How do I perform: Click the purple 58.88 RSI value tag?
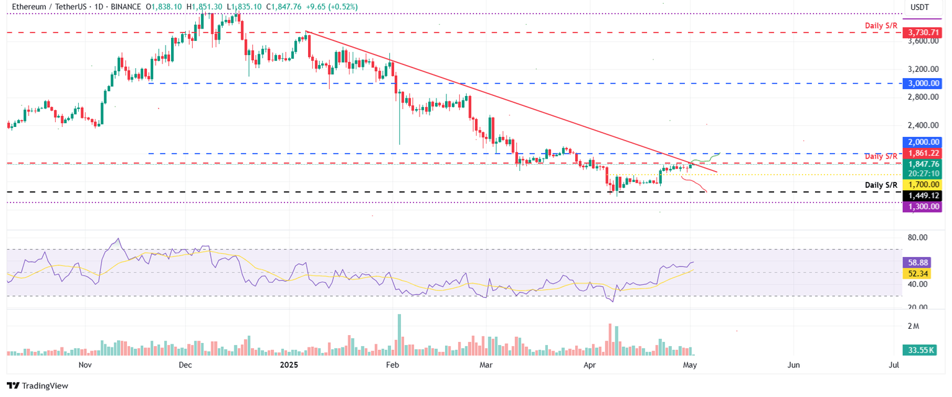click(x=920, y=263)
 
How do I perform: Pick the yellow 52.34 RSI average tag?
click(x=920, y=273)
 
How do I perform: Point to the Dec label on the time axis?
click(x=185, y=365)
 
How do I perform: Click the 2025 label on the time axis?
click(x=289, y=365)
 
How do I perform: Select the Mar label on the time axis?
click(x=486, y=365)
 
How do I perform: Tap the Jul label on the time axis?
click(x=894, y=365)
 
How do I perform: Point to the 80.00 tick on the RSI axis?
click(x=918, y=238)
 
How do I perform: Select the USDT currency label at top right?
click(x=919, y=7)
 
